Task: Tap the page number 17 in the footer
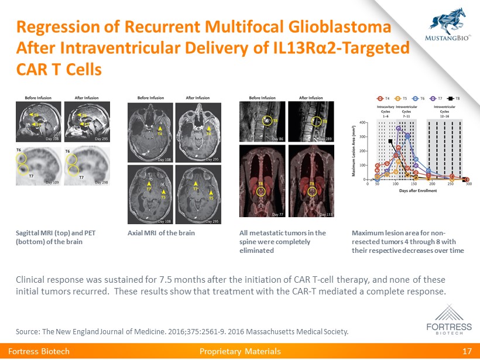(x=467, y=351)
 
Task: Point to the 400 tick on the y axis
(x=363, y=123)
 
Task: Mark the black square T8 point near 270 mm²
(x=390, y=141)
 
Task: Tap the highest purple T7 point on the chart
(x=399, y=128)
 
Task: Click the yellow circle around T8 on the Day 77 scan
(x=262, y=191)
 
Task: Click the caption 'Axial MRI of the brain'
(x=161, y=233)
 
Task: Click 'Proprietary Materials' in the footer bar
(x=240, y=351)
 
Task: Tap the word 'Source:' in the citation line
(x=28, y=332)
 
